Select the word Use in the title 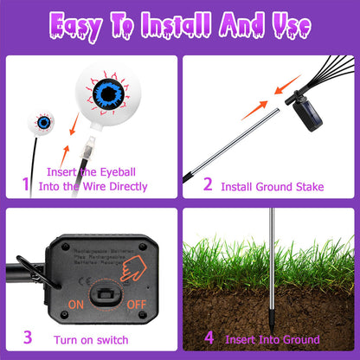click(287, 27)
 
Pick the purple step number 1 click(25, 183)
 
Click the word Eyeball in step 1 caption click(125, 171)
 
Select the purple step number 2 click(207, 183)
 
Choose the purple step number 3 click(27, 338)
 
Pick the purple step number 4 click(208, 338)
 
